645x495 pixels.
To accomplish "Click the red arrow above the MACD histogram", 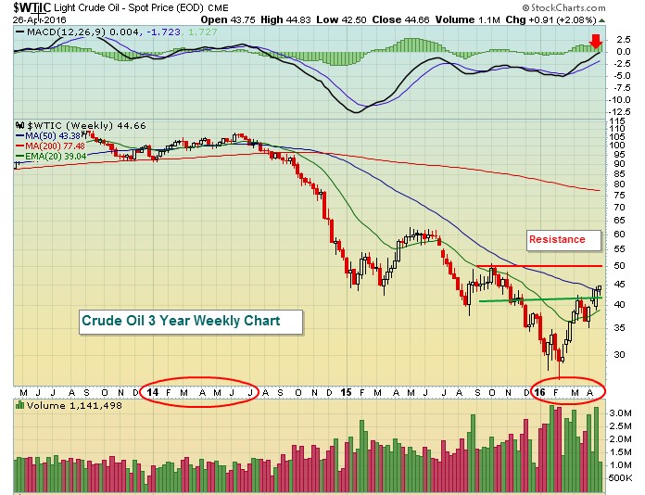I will coord(596,41).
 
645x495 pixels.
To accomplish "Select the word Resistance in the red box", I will coord(557,239).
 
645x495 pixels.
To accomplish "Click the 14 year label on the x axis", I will coord(152,392).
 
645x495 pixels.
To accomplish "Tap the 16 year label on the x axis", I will coord(540,392).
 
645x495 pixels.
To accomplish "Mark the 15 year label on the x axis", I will coord(346,392).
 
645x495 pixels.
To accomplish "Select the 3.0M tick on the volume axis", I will coord(620,410).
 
